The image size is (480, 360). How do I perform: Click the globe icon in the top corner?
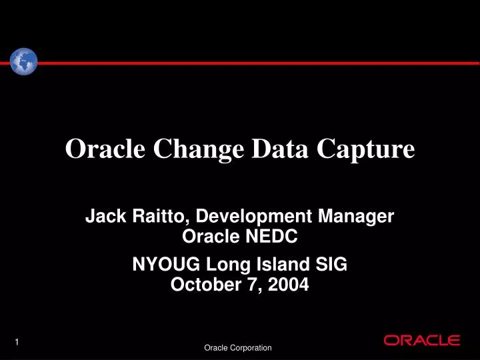(24, 61)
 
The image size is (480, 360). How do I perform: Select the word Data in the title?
(276, 150)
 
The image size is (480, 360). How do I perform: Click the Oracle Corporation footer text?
(237, 348)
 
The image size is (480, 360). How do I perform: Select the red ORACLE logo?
(421, 341)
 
